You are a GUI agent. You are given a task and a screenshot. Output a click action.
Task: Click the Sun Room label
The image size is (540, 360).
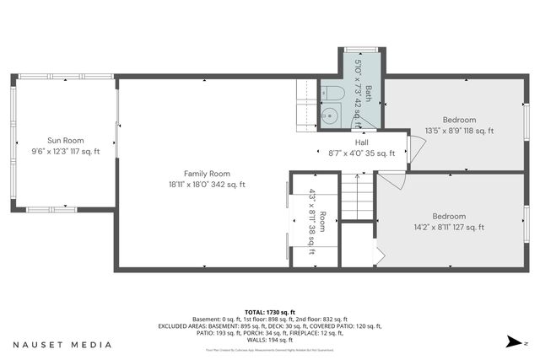[65, 140]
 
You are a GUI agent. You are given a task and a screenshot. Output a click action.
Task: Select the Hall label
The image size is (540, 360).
[361, 142]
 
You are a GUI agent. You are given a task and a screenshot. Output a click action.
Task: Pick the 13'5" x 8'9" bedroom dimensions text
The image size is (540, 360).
[460, 131]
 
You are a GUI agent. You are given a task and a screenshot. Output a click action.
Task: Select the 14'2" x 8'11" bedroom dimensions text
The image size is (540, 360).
[448, 227]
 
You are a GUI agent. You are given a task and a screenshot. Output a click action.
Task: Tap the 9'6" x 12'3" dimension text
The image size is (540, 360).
[66, 152]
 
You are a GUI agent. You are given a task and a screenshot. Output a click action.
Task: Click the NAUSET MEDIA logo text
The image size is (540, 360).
[62, 345]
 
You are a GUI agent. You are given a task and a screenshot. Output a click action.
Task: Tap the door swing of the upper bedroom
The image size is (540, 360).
[414, 149]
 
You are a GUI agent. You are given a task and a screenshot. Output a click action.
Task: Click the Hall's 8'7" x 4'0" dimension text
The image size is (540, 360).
[361, 153]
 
